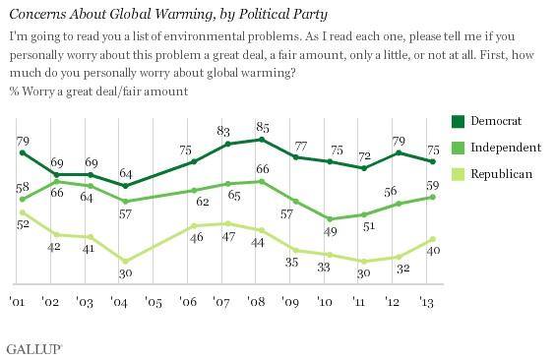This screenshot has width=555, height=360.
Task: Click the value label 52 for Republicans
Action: point(22,224)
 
